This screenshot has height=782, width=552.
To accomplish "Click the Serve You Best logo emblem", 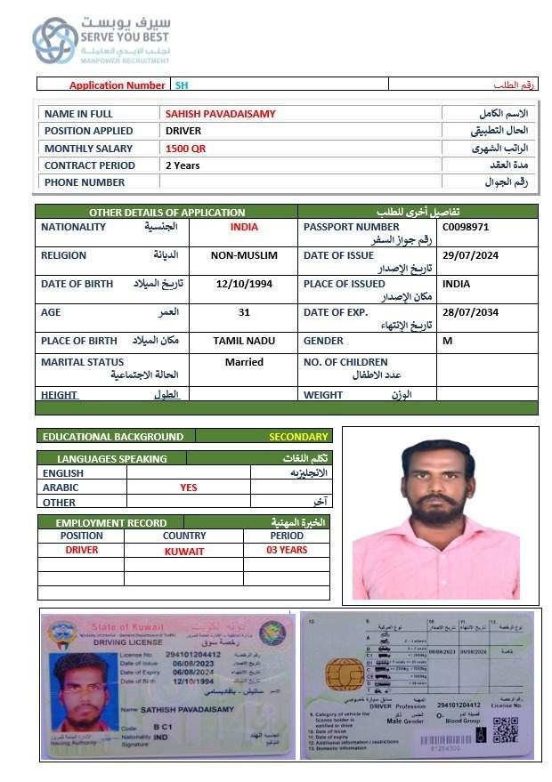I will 55,40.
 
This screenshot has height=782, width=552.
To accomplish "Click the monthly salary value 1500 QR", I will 185,149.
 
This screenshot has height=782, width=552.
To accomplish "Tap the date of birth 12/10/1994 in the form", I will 244,284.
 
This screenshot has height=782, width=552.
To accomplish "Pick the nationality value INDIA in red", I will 244,227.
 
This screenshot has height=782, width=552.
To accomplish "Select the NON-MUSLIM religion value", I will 244,255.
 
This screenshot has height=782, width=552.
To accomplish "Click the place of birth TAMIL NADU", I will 244,341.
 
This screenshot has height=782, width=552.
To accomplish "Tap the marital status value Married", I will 244,362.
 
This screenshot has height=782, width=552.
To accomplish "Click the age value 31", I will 244,312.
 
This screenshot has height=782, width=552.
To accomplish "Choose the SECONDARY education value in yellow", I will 299,437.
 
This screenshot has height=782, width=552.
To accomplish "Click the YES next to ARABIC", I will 189,488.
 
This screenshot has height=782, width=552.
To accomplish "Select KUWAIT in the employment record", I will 184,552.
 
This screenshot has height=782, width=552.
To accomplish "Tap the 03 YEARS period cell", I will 287,551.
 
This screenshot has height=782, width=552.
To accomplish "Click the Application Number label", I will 117,85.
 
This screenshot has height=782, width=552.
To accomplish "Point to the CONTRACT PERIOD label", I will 90,165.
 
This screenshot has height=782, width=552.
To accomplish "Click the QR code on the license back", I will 505,730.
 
